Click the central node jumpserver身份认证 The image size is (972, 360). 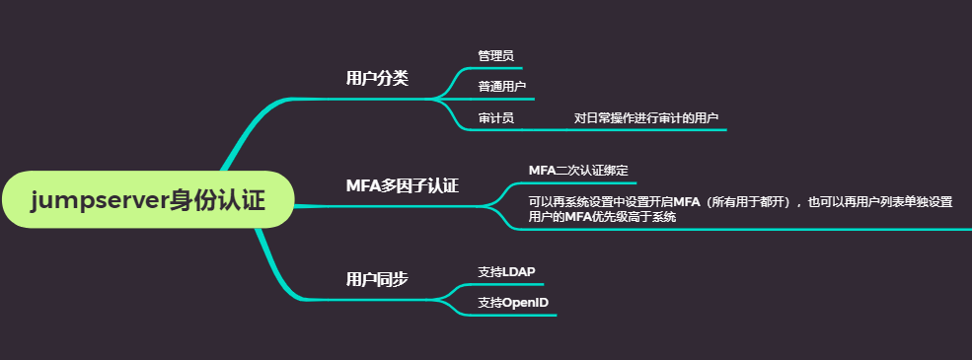click(x=148, y=200)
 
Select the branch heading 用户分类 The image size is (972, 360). click(x=377, y=78)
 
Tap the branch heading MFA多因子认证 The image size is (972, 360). click(x=402, y=185)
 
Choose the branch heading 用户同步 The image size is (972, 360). click(x=377, y=279)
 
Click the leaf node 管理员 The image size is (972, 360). click(x=495, y=55)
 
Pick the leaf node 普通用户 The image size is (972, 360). click(x=502, y=87)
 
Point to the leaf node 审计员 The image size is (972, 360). click(x=495, y=118)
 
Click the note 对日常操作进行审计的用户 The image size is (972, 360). click(x=645, y=118)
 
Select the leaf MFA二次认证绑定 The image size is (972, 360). click(x=578, y=171)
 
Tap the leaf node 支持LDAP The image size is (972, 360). click(x=506, y=271)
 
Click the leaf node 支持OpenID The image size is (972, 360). click(x=513, y=302)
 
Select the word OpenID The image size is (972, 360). click(x=526, y=302)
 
